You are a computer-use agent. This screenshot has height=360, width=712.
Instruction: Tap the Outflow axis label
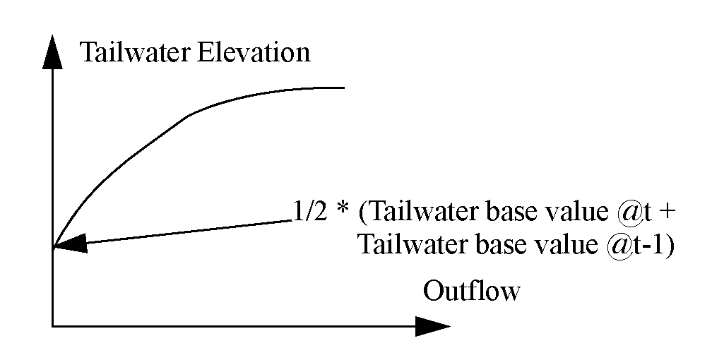(471, 291)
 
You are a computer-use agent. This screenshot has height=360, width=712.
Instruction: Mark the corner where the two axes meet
(52, 326)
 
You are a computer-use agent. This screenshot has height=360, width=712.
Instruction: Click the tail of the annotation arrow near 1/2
(290, 221)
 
